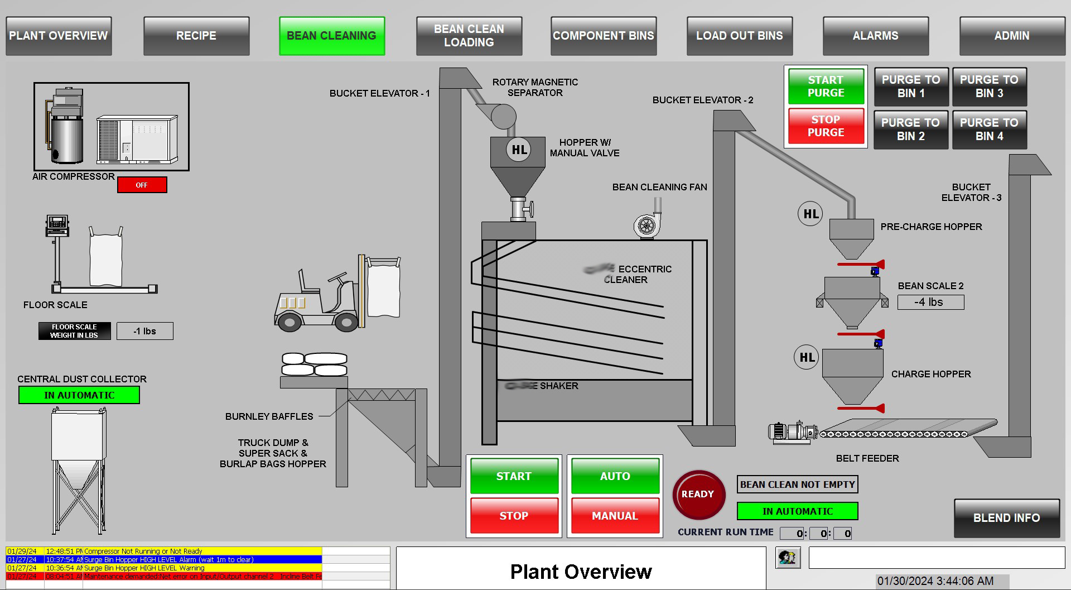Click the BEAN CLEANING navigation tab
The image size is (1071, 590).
332,36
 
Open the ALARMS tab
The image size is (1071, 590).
875,36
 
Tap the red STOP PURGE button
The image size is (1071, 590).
826,126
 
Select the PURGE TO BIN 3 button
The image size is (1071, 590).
989,87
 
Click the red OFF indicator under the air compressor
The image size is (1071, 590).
142,185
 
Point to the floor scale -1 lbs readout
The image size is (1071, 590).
145,331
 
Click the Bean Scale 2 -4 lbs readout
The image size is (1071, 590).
930,303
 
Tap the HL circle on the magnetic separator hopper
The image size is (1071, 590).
519,150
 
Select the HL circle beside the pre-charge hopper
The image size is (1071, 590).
810,214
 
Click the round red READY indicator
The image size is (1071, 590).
698,495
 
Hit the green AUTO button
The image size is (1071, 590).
615,476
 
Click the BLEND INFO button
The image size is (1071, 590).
1006,518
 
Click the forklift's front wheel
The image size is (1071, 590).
346,322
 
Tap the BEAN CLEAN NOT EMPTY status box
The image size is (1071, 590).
797,485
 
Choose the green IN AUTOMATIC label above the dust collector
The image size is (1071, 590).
79,395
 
